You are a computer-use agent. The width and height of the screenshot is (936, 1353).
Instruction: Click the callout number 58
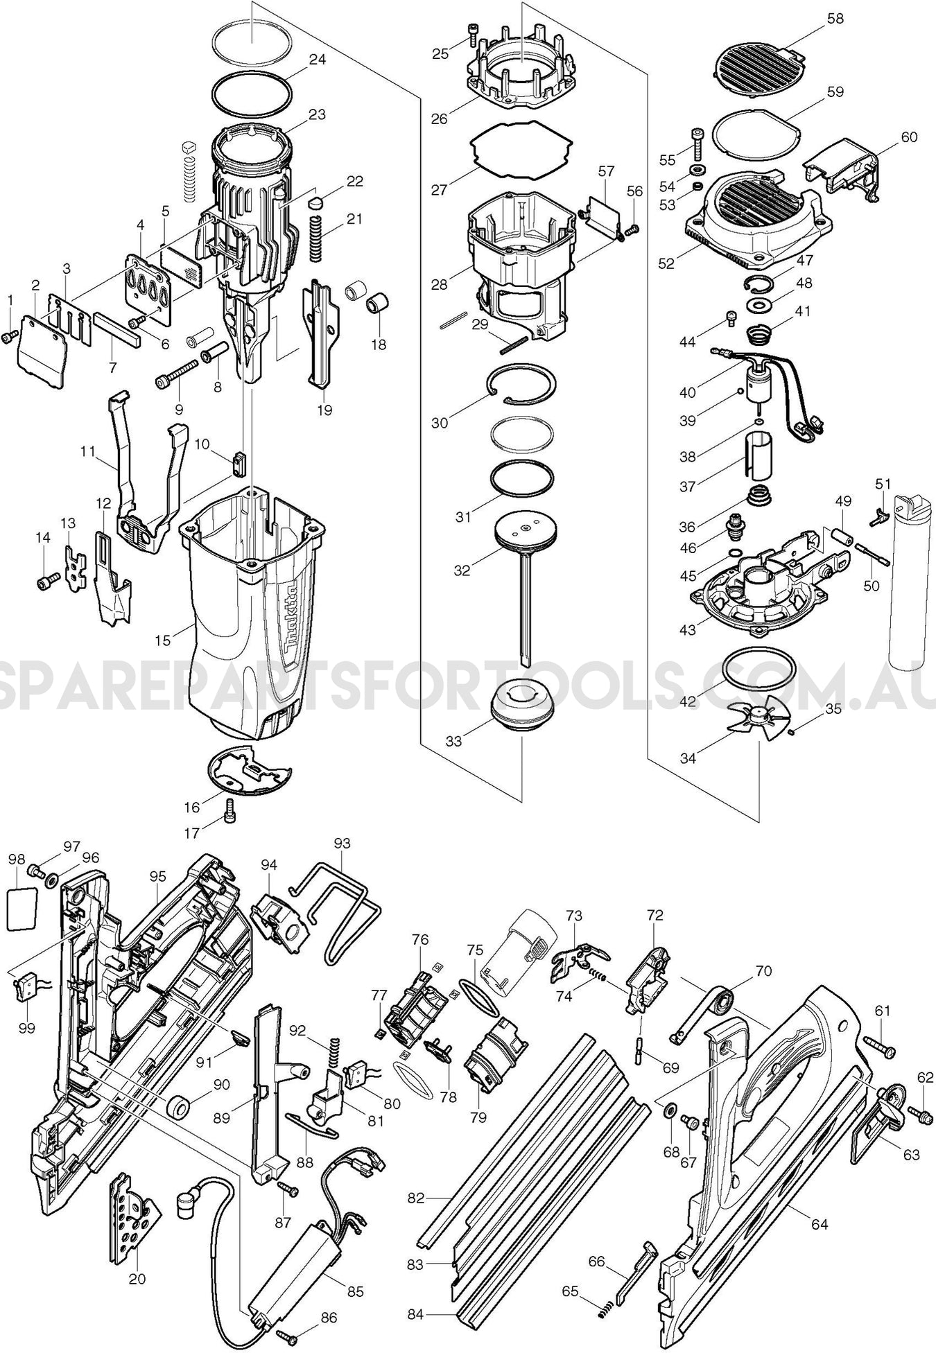(x=835, y=19)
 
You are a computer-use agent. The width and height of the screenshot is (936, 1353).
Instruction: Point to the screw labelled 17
(x=230, y=810)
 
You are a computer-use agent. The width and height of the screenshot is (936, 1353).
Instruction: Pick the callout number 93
(x=342, y=844)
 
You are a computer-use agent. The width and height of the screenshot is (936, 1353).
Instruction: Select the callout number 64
(x=820, y=1225)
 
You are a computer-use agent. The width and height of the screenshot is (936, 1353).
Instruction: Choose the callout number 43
(x=687, y=629)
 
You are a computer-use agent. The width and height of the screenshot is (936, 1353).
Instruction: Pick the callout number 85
(x=355, y=1271)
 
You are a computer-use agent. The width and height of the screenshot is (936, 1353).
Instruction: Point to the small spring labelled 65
(x=601, y=1309)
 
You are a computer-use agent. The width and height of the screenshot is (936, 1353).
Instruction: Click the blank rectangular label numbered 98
(x=20, y=909)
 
